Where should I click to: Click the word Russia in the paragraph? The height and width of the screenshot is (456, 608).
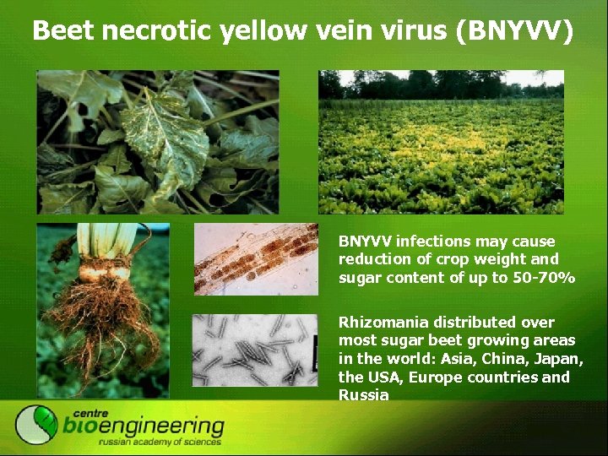(363, 395)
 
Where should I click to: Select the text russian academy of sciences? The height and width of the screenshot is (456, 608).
(160, 441)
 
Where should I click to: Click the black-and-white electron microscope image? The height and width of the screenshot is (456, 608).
(255, 350)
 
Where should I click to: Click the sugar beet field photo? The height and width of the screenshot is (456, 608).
(440, 141)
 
